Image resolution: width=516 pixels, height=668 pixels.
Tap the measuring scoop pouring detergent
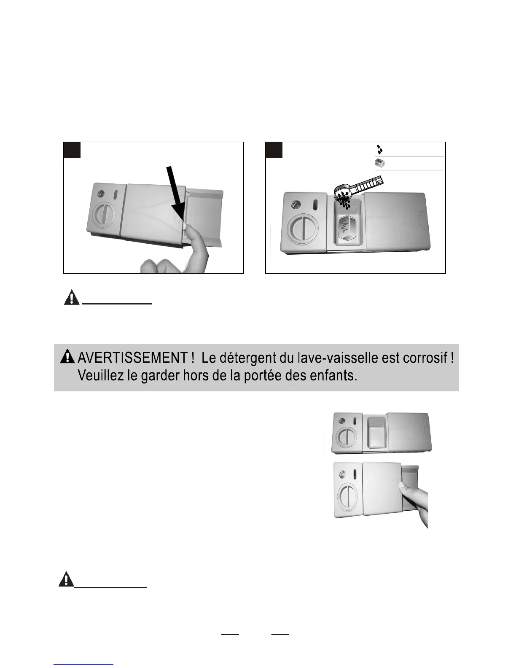[358, 190]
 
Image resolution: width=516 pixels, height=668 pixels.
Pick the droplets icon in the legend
[380, 149]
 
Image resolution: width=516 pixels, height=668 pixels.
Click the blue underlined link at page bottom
[83, 664]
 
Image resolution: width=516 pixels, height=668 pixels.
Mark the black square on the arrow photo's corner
[72, 150]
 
